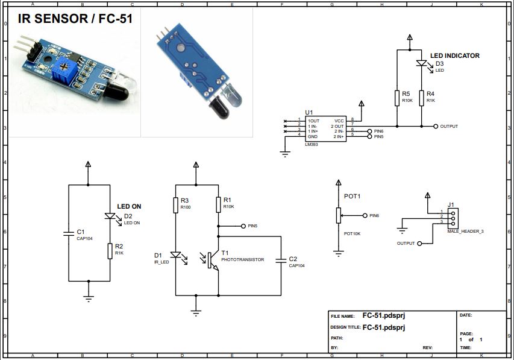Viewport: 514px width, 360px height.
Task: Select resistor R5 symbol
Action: click(x=397, y=98)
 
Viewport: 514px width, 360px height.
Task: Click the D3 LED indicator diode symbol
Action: click(x=422, y=63)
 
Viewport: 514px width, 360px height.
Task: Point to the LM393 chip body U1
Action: click(x=326, y=128)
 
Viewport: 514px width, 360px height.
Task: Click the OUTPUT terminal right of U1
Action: click(x=436, y=127)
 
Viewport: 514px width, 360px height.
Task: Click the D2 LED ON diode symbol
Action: click(x=110, y=216)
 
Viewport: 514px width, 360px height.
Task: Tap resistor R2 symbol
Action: click(x=110, y=250)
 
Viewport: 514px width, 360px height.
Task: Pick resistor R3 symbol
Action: click(x=175, y=204)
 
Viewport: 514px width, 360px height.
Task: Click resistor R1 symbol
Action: click(x=218, y=204)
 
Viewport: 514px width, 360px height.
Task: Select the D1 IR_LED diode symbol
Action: click(x=175, y=256)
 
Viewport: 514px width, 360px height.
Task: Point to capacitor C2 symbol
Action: click(x=281, y=261)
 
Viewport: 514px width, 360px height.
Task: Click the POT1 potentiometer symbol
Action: click(x=339, y=215)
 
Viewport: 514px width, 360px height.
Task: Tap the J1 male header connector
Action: click(x=453, y=218)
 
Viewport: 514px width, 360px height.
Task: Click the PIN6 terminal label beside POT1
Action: click(x=374, y=215)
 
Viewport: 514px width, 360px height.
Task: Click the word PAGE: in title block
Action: click(x=466, y=333)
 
